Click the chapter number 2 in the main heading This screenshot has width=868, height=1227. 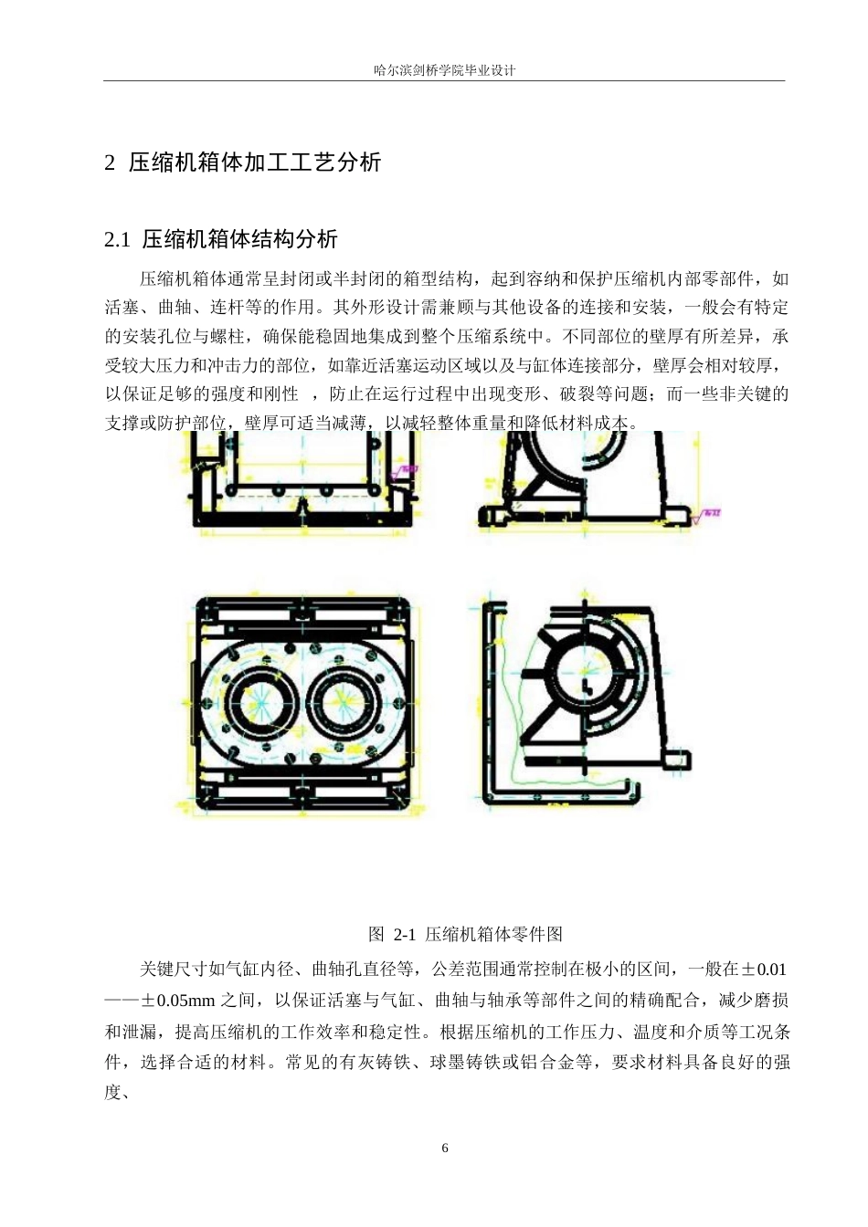(111, 163)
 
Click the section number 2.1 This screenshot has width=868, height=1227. (118, 240)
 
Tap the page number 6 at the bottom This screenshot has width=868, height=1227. (445, 1148)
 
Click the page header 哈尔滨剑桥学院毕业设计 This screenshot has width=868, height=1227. (445, 70)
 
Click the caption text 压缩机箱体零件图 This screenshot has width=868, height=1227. (493, 934)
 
